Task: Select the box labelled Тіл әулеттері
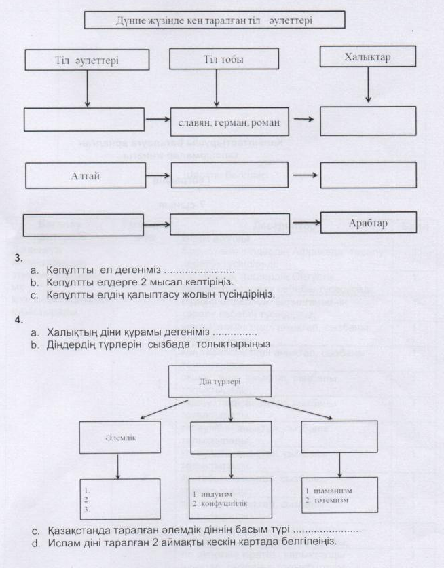87,60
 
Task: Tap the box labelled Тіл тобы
215,59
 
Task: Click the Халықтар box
367,57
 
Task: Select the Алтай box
86,175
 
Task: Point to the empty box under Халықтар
368,121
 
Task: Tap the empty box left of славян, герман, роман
86,119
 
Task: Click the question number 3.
18,258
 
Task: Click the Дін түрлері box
219,381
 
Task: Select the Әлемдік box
120,436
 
